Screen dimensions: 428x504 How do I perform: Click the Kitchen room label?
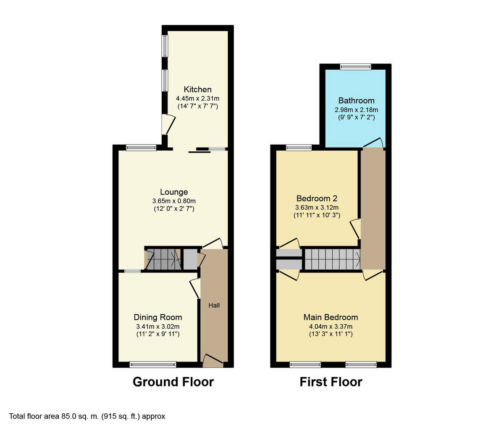point(197,89)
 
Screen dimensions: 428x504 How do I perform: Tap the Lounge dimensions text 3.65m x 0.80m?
point(174,201)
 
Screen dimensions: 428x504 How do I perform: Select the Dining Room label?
point(158,317)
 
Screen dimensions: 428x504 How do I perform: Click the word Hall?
point(214,305)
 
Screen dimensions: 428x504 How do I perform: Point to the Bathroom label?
point(356,100)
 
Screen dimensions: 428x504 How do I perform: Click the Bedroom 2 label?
point(317,198)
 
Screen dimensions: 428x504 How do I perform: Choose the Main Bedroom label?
point(331,317)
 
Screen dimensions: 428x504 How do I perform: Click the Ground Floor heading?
point(173,382)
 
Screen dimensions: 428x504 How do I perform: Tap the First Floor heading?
point(331,382)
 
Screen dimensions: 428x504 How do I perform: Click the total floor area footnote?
point(87,416)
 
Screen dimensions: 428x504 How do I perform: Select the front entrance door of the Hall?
point(213,360)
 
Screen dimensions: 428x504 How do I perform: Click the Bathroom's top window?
point(356,66)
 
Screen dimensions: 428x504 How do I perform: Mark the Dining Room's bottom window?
point(152,364)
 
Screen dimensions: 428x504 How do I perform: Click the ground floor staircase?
point(163,259)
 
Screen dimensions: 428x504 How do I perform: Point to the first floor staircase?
point(332,259)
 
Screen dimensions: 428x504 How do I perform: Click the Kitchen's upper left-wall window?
point(165,46)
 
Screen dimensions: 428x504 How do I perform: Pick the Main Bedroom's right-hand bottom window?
point(361,364)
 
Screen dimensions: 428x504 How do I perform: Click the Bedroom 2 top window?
point(299,148)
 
